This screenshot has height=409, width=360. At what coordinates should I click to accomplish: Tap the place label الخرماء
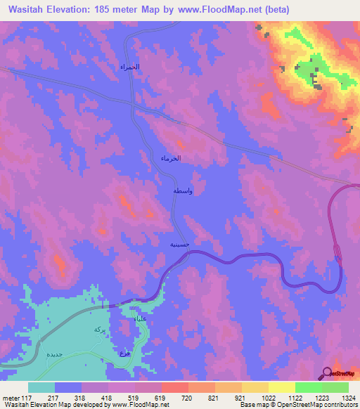point(171,158)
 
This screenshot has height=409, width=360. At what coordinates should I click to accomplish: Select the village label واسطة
point(183,191)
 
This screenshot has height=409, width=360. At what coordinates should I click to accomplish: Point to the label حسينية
point(179,245)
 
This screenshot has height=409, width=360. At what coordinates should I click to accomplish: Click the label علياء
point(140,319)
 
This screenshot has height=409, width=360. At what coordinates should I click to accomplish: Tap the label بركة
point(99,329)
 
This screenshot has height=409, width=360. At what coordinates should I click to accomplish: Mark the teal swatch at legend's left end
point(41,387)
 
